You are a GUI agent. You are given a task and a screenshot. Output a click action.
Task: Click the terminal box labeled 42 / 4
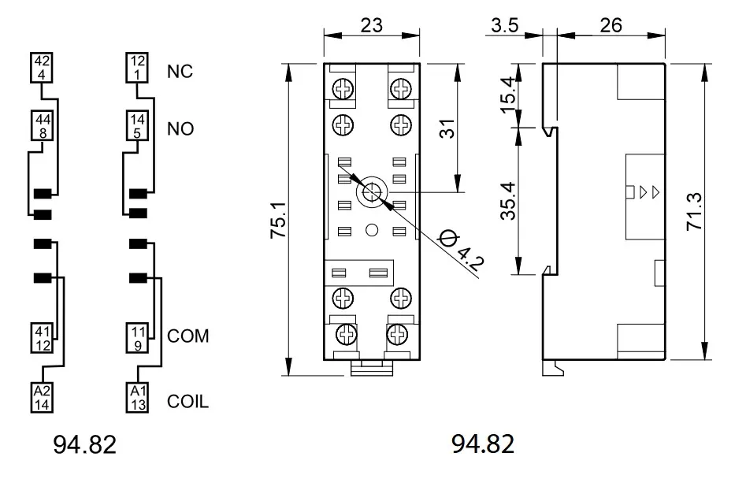pyautogui.click(x=41, y=68)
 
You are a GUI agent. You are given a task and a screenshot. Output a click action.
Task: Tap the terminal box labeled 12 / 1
pyautogui.click(x=137, y=68)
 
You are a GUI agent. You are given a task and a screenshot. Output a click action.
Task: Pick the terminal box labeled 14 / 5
pyautogui.click(x=137, y=125)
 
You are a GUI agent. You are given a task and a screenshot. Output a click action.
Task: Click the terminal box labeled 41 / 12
pyautogui.click(x=43, y=338)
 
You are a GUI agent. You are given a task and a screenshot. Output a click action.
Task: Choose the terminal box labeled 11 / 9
pyautogui.click(x=138, y=338)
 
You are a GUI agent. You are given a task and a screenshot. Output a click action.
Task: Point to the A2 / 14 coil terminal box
pyautogui.click(x=43, y=397)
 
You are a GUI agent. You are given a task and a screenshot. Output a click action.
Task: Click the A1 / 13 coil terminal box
pyautogui.click(x=138, y=397)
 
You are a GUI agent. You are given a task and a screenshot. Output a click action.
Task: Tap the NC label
pyautogui.click(x=180, y=71)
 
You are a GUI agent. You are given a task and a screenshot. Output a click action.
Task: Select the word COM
pyautogui.click(x=188, y=336)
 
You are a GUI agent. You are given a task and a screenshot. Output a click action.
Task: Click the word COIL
pyautogui.click(x=188, y=402)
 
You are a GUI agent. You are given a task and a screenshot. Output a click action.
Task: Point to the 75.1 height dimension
pyautogui.click(x=279, y=221)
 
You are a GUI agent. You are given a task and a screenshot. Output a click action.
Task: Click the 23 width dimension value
pyautogui.click(x=372, y=25)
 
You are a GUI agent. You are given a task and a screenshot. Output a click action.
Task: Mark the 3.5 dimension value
pyautogui.click(x=505, y=25)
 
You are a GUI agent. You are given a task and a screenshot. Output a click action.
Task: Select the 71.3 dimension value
pyautogui.click(x=694, y=211)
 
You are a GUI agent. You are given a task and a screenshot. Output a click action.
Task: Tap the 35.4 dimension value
pyautogui.click(x=508, y=201)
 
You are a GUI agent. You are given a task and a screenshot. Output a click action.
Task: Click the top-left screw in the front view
pyautogui.click(x=343, y=88)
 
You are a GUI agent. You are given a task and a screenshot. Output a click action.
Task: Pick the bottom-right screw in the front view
pyautogui.click(x=398, y=335)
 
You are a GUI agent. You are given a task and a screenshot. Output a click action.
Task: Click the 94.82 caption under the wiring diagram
pyautogui.click(x=84, y=444)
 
